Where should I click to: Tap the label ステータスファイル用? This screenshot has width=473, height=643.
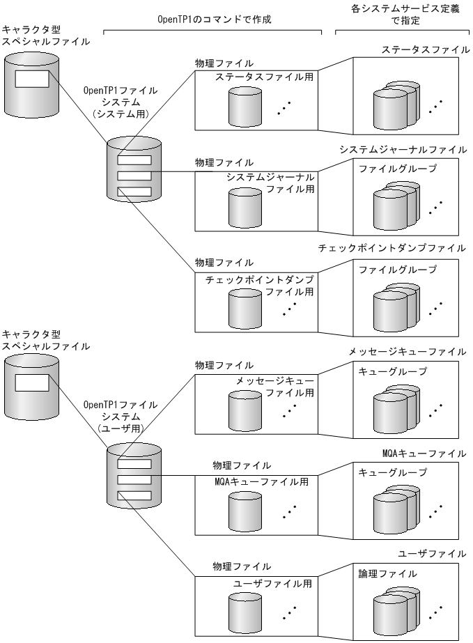[263, 77]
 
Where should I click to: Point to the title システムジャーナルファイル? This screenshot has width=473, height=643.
[403, 149]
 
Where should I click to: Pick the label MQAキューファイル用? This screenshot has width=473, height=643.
[261, 481]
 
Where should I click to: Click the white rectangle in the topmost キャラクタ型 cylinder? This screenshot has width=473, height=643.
[32, 78]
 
